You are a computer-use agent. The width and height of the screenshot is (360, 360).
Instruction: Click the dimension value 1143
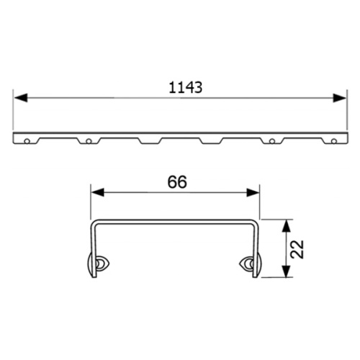pos(185,87)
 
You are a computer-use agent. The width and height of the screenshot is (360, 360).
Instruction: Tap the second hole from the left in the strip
pos(87,140)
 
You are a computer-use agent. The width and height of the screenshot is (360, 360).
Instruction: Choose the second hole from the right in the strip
pos(272,140)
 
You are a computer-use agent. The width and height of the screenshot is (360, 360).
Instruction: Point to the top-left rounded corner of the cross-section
pos(94,222)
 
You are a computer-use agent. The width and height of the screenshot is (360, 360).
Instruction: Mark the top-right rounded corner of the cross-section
pos(253,222)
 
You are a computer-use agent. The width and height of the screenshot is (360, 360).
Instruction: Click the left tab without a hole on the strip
pos(149,140)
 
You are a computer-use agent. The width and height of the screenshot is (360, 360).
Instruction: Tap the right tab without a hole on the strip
pos(210,140)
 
